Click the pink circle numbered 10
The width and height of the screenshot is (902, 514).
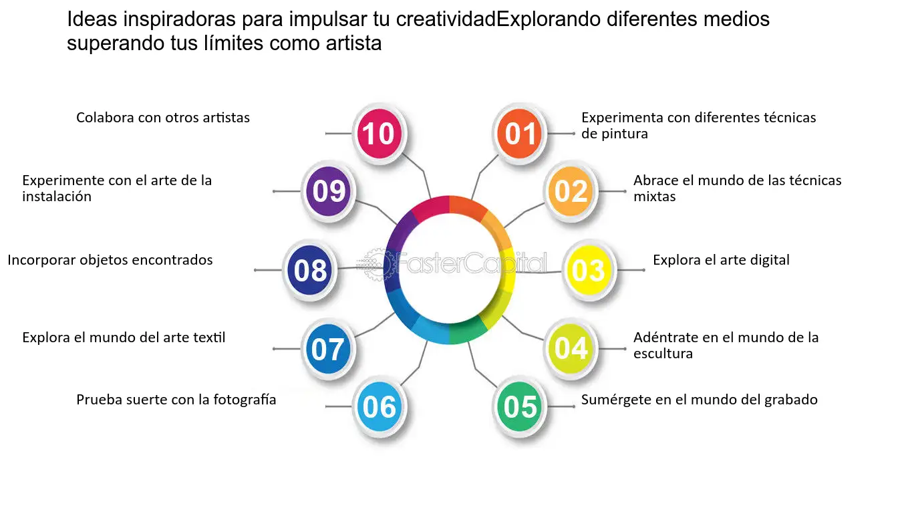pyautogui.click(x=380, y=133)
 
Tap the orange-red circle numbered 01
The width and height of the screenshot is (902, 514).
pyautogui.click(x=519, y=133)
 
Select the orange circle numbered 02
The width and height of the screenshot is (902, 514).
pyautogui.click(x=571, y=191)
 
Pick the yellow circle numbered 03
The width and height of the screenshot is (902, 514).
pyautogui.click(x=589, y=269)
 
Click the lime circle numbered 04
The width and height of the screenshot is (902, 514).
pyautogui.click(x=571, y=348)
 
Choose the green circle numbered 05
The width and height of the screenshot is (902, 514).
pyautogui.click(x=519, y=406)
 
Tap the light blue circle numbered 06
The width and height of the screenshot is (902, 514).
pyautogui.click(x=380, y=406)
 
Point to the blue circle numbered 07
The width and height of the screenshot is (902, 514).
pyautogui.click(x=328, y=348)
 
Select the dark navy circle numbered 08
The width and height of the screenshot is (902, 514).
pyautogui.click(x=309, y=269)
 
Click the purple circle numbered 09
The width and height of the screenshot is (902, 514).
pyautogui.click(x=328, y=191)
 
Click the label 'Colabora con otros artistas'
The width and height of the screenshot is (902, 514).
pyautogui.click(x=163, y=118)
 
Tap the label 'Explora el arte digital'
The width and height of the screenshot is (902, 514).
pyautogui.click(x=721, y=260)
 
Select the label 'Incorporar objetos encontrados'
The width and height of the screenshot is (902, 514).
pyautogui.click(x=110, y=260)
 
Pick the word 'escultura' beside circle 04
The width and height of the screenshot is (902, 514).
pyautogui.click(x=663, y=354)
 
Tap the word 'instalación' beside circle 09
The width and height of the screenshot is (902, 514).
pyautogui.click(x=57, y=197)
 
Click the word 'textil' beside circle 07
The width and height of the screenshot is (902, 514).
pyautogui.click(x=209, y=338)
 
